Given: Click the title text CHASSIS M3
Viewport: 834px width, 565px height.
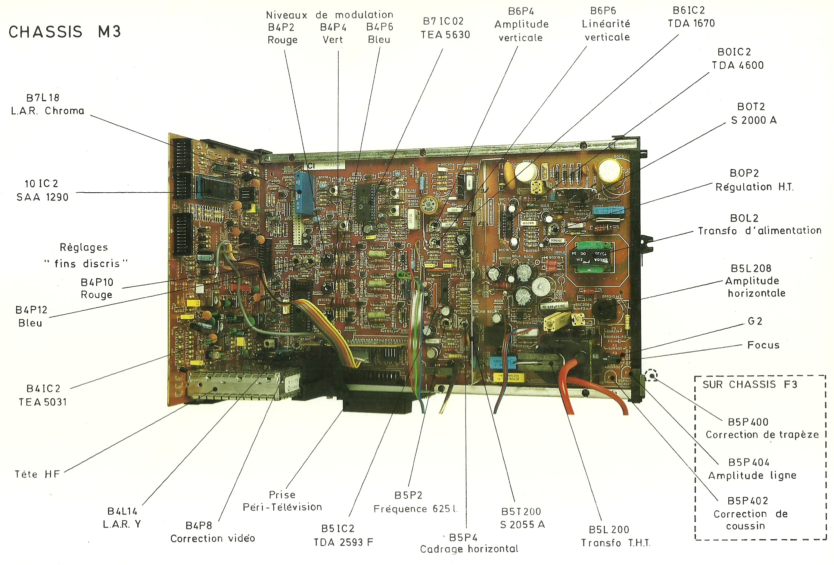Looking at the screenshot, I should tap(65, 32).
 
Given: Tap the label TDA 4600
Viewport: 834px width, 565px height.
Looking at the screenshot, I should tap(738, 65).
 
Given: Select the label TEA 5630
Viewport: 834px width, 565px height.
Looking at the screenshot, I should tap(445, 35).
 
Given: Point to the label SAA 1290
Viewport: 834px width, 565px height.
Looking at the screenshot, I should tap(43, 197).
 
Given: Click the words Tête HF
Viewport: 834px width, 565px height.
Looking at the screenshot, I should tap(37, 474).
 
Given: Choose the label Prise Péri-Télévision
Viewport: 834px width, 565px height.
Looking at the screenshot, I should tap(282, 501).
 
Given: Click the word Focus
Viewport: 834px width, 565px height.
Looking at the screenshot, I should tap(763, 345).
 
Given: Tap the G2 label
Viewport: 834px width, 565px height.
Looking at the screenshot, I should tap(755, 321).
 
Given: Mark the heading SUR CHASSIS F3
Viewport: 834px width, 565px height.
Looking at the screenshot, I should tap(750, 385).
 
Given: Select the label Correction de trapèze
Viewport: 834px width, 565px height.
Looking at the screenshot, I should tap(762, 435).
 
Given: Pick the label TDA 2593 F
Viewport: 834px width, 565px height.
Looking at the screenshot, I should tap(343, 542).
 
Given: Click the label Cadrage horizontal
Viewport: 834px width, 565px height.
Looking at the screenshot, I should tap(469, 549).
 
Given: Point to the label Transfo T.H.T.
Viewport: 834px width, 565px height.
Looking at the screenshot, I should tap(616, 543).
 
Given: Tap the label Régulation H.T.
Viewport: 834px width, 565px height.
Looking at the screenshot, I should tap(754, 187).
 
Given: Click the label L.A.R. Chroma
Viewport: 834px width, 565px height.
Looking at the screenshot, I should tap(48, 111).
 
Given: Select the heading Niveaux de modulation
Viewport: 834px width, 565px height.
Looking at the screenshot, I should tap(329, 15).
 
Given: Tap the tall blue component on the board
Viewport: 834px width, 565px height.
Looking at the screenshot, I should tap(304, 193).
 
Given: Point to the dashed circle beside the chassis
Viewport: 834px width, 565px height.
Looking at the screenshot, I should tap(651, 375).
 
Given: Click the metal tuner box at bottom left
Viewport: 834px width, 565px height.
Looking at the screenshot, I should tap(239, 385).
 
